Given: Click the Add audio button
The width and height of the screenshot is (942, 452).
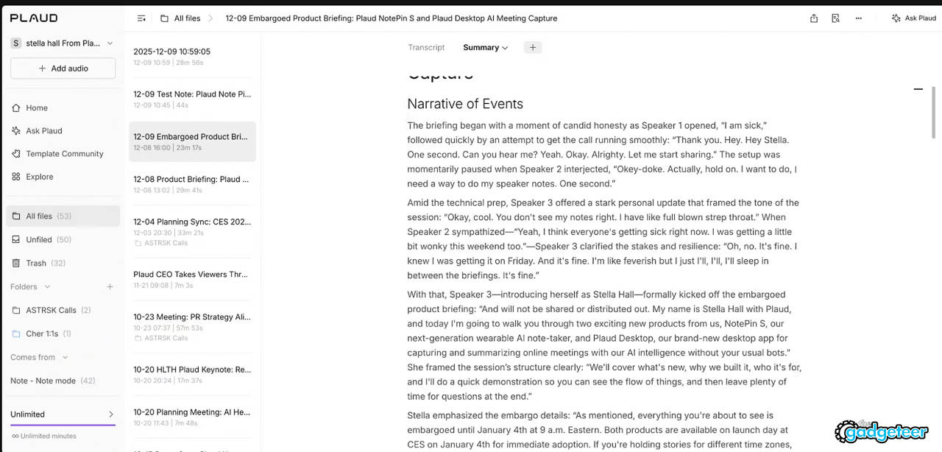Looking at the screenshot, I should click(63, 68).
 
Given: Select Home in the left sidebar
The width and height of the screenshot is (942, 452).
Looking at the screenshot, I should click(36, 107).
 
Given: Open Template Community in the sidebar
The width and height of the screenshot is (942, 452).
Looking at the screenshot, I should click(64, 154).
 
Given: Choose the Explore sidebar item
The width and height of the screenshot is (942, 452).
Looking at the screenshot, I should click(39, 177).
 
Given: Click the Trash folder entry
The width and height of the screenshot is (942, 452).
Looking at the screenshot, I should click(35, 263).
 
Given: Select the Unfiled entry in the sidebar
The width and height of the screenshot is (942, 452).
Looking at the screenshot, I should click(38, 239).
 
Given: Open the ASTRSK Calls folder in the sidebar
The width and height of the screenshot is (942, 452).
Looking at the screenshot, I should click(51, 310).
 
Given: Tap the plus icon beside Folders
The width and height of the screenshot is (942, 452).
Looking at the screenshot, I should click(110, 286).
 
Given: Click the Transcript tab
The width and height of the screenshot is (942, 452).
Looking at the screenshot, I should click(426, 47).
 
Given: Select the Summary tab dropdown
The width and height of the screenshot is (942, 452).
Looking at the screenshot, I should click(485, 47).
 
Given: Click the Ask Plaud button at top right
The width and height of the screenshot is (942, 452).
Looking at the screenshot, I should click(913, 18).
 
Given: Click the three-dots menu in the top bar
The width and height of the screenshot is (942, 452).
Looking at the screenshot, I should click(858, 18).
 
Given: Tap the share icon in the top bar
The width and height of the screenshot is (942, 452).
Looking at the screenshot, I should click(814, 18).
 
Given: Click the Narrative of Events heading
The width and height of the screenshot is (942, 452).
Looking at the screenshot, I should click(465, 104).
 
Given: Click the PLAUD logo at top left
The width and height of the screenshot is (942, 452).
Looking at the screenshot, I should click(34, 18).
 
